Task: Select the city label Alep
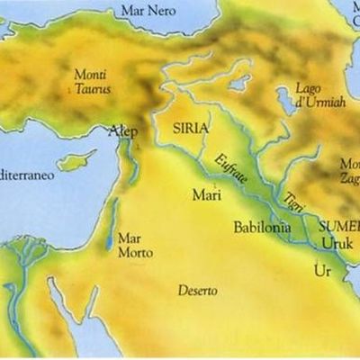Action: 123,131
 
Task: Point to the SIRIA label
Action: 189,128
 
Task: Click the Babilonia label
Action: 261,228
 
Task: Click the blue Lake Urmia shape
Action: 285,101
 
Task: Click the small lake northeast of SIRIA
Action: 239,83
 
